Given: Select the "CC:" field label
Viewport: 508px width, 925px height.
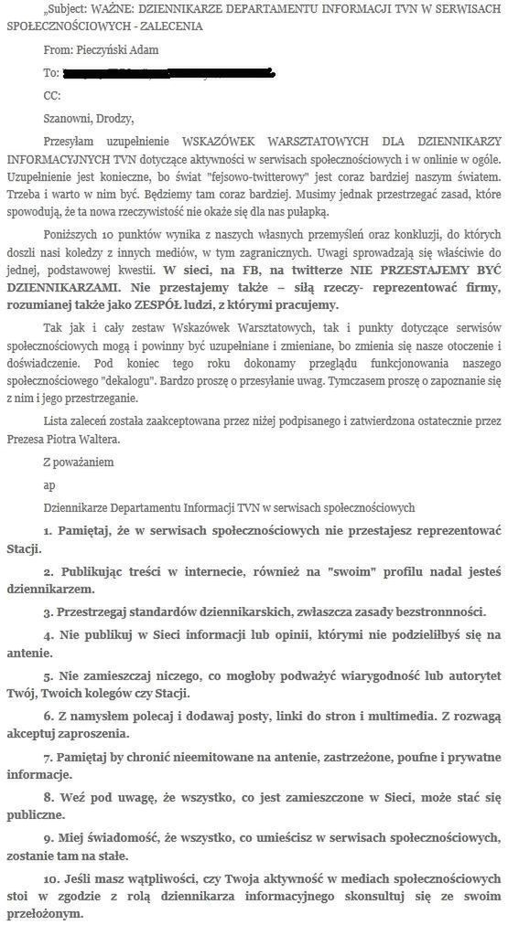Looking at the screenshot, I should coord(52,95).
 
